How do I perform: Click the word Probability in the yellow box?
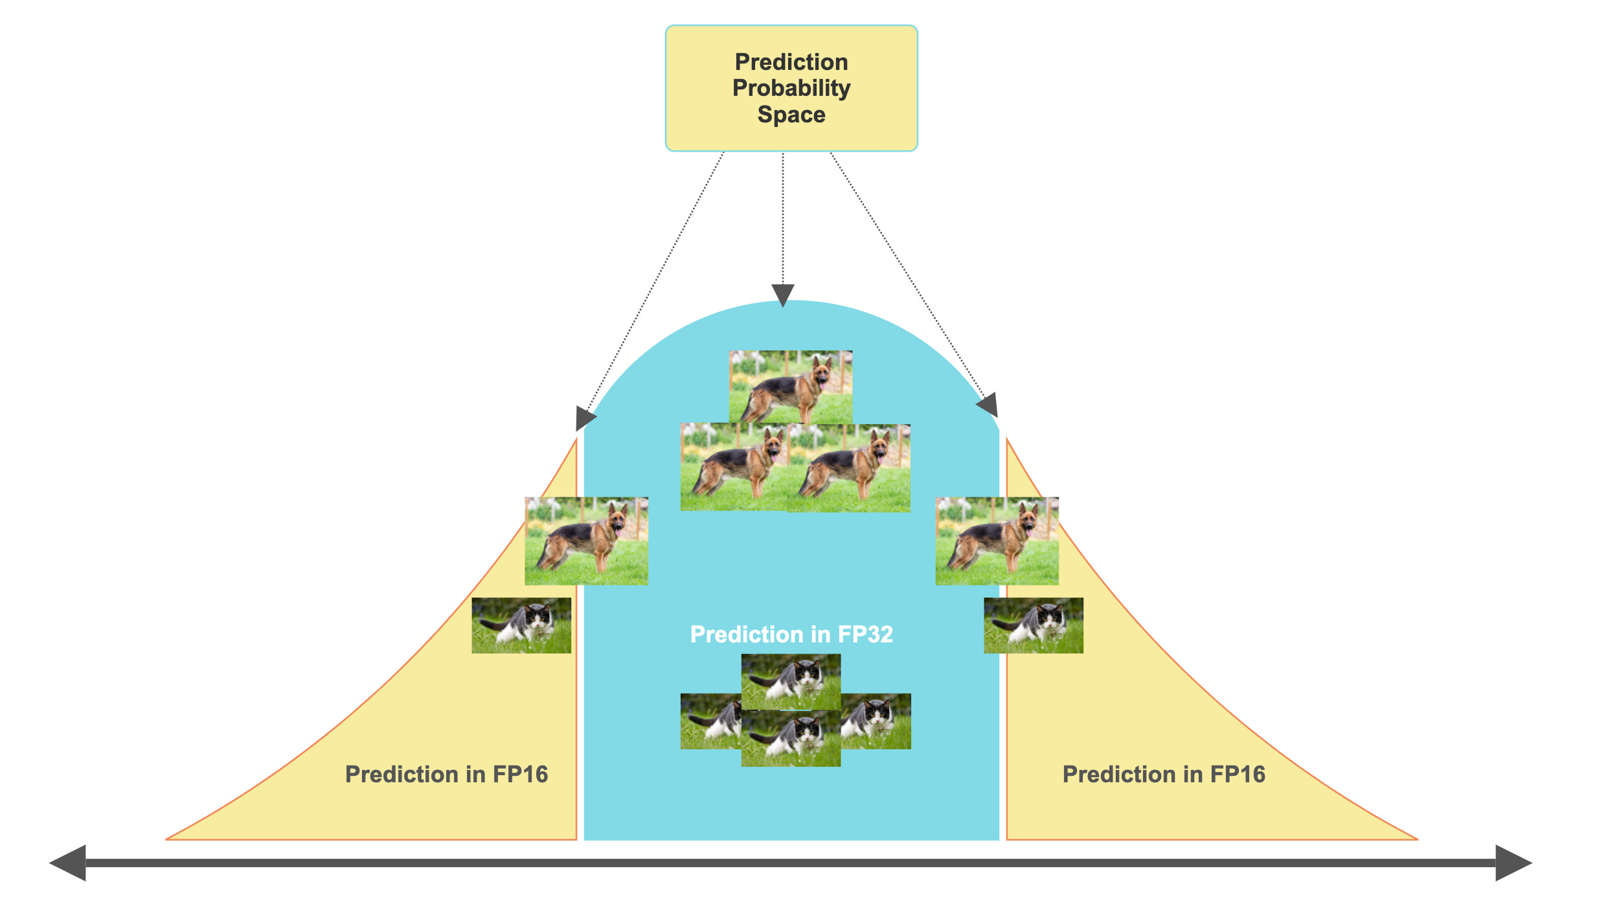coord(791,88)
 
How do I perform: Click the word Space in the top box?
coord(791,115)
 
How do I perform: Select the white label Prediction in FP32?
coord(791,634)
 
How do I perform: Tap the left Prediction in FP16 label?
coord(446,774)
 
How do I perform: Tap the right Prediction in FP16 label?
coord(1164,774)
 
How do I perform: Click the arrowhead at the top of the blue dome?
coord(783,295)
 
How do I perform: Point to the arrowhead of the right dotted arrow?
coord(988,406)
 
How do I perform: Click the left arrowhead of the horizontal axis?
coord(69,863)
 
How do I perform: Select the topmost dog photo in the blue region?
coord(791,387)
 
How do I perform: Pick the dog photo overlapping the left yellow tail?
coord(586,541)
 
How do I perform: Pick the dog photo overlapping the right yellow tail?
coord(997,541)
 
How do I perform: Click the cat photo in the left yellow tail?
coord(521,625)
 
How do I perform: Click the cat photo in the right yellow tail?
coord(1034,625)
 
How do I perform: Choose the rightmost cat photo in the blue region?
coord(878,721)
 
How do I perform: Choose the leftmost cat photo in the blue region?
coord(710,721)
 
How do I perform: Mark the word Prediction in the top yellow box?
coord(791,62)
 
